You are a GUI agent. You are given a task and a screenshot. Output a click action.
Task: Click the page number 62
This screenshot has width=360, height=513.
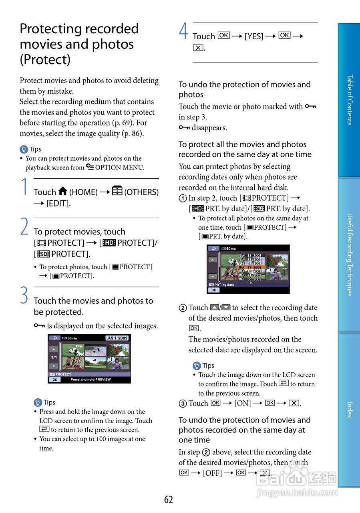[169, 499]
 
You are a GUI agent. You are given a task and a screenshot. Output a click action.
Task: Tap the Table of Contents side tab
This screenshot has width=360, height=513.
[349, 100]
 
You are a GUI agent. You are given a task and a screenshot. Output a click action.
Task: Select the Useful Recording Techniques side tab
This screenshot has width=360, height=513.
[349, 254]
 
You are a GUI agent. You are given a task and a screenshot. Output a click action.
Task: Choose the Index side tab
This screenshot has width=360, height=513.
[349, 410]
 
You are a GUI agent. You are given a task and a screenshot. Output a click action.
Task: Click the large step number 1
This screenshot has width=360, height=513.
[25, 187]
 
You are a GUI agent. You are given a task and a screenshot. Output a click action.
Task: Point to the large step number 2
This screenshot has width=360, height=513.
[25, 227]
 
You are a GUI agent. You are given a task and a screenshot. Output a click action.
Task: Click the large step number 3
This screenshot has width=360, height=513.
[25, 296]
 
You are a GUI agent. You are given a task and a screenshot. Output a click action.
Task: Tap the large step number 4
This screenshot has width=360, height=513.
[183, 32]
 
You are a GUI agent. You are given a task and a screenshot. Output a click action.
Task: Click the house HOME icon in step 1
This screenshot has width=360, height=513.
[62, 192]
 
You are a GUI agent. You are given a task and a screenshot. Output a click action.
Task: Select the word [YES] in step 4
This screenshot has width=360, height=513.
[254, 36]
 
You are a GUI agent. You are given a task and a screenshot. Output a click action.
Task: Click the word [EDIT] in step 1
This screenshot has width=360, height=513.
[58, 203]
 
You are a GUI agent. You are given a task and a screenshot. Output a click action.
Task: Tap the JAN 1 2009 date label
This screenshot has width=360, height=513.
[117, 338]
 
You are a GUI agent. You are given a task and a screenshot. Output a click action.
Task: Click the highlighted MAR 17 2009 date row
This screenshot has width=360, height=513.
[250, 267]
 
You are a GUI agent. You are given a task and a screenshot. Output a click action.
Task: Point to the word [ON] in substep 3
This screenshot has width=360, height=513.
[243, 404]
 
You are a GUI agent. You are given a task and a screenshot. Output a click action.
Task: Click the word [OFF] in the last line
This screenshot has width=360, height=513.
[212, 473]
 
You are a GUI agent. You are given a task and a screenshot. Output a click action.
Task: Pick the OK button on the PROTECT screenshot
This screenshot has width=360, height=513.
[55, 380]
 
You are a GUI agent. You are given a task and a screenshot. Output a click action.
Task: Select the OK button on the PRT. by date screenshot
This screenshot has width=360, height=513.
[213, 290]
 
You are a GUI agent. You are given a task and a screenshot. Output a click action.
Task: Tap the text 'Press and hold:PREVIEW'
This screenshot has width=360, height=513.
[91, 380]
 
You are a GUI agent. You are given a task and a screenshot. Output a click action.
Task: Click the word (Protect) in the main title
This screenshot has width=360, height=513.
[45, 60]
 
